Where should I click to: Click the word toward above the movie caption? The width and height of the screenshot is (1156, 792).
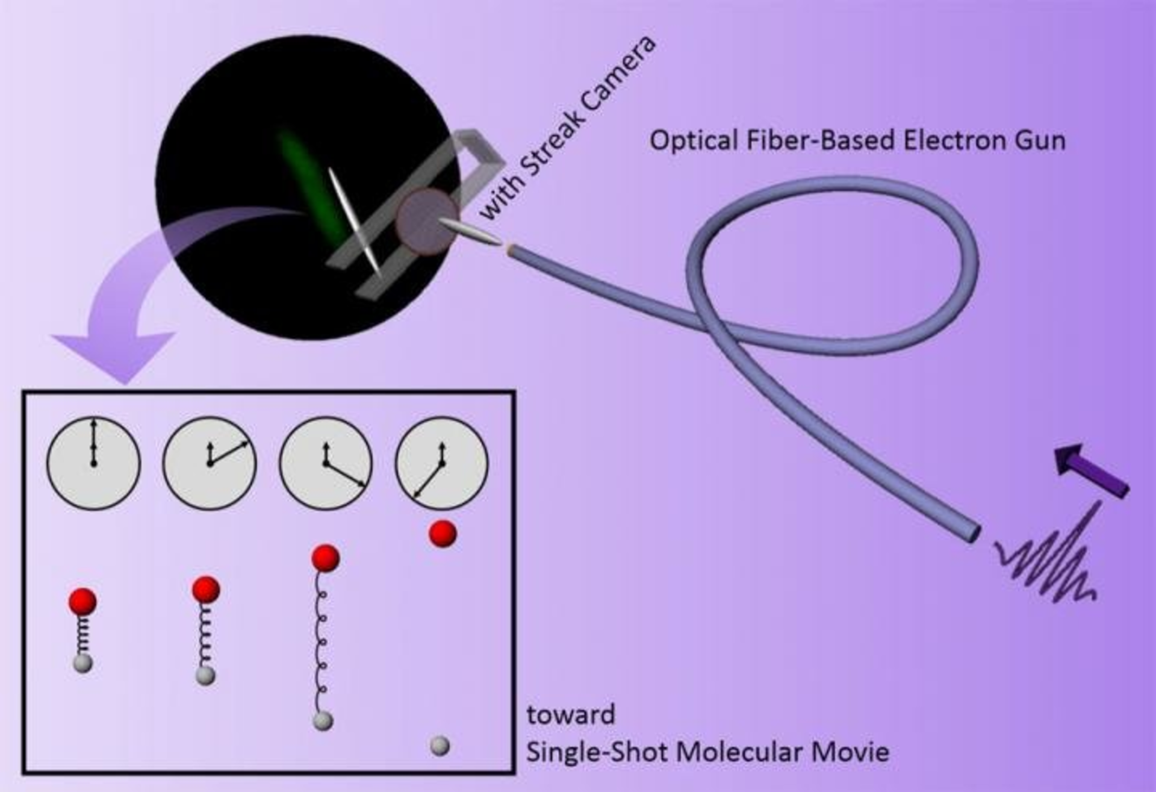click(x=571, y=715)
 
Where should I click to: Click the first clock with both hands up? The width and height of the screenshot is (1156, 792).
click(x=93, y=463)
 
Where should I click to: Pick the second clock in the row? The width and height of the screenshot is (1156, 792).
click(x=210, y=463)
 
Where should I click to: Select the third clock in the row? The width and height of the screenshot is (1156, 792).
click(x=326, y=463)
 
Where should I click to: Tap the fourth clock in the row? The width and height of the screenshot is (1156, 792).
click(x=441, y=463)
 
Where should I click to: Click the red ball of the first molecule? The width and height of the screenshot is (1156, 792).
click(x=82, y=601)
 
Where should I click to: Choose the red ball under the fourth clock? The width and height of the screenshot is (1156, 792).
click(x=443, y=534)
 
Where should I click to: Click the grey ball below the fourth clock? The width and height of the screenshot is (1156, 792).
click(x=440, y=746)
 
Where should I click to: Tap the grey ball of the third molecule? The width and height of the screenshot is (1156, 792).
click(x=323, y=720)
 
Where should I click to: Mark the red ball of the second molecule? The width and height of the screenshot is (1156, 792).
click(x=206, y=589)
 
